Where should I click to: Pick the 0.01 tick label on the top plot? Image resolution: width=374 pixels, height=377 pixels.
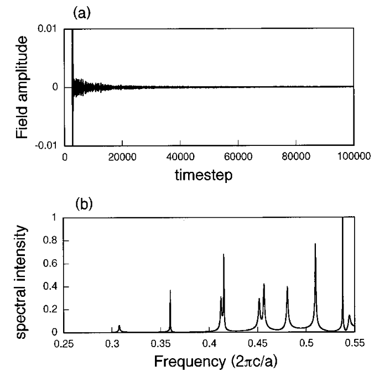pos(49,29)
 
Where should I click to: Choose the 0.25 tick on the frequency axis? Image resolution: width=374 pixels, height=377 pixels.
pos(64,344)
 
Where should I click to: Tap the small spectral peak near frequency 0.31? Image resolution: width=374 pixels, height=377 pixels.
pos(119,326)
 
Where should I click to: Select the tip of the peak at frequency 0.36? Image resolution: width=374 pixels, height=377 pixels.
pos(170,290)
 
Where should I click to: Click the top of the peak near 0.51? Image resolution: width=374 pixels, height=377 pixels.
pos(315,244)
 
